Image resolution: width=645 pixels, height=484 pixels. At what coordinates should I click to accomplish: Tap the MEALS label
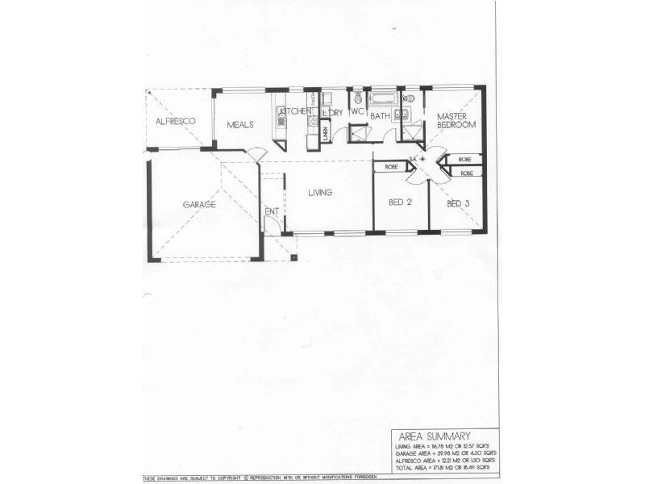point(240,125)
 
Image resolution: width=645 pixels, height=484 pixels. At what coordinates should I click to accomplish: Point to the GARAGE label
point(198,205)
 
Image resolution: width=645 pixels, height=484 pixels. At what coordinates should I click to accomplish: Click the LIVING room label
point(320,192)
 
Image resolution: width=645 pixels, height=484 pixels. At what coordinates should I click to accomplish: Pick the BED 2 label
point(400,202)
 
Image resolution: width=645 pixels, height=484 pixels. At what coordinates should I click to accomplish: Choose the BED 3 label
point(458,203)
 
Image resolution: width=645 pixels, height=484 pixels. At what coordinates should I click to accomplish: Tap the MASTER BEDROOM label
point(457,121)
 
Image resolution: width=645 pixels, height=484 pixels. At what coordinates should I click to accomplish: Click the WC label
point(357,112)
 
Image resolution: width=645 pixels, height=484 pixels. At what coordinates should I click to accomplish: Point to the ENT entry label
point(271,212)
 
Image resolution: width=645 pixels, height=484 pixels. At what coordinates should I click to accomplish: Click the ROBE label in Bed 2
point(391,167)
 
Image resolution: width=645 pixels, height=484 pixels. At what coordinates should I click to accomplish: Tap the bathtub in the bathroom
point(383,99)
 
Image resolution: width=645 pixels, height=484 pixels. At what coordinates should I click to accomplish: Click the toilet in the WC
point(358,97)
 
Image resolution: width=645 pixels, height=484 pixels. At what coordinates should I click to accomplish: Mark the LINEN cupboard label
point(324,133)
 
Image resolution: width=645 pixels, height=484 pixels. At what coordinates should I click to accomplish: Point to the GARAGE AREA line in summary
point(443,453)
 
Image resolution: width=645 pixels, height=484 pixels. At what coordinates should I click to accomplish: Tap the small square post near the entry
point(294,258)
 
